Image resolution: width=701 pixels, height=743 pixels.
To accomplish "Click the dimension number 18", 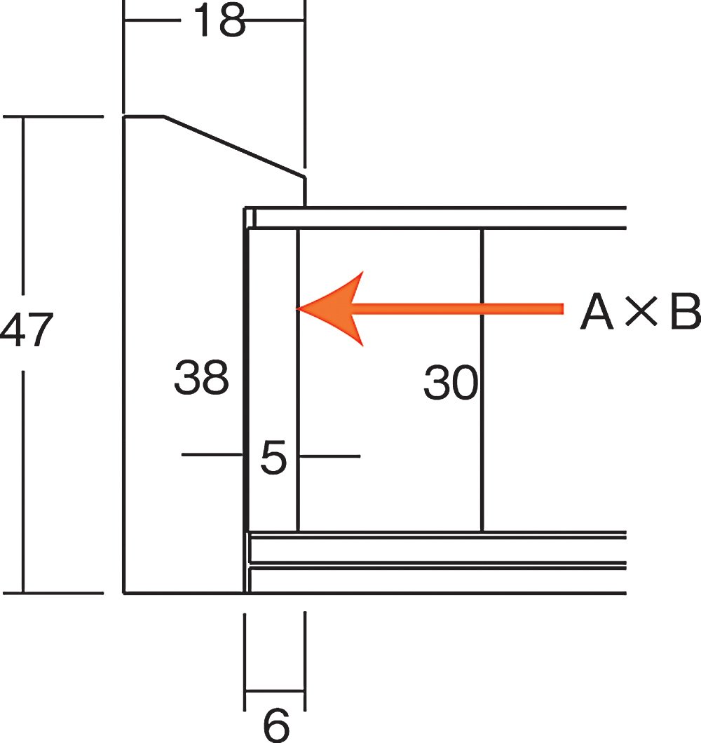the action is (219, 21).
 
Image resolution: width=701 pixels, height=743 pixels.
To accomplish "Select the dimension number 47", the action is (26, 331).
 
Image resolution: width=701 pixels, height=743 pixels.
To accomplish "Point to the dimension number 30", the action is (450, 383).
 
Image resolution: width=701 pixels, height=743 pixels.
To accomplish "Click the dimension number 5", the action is (273, 458).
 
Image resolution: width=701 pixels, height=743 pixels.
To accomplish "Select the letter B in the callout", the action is (684, 313).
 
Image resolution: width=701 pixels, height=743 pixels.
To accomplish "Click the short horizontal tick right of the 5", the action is (329, 456).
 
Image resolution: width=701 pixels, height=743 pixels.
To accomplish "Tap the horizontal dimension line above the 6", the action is (275, 691).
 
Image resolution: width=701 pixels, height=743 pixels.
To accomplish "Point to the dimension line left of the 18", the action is (151, 20).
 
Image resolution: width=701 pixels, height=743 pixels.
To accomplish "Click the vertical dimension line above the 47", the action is (24, 203).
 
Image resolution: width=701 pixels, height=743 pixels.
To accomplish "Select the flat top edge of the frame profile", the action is (144, 116).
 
